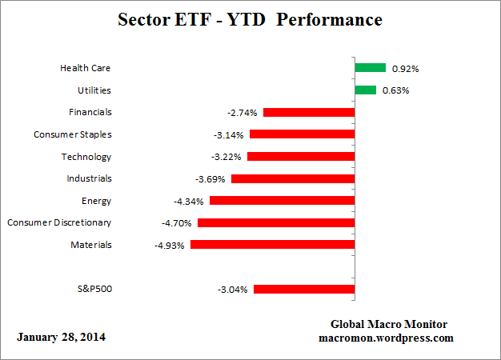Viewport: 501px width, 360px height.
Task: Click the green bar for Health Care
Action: (x=371, y=68)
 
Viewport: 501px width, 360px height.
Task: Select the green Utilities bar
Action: (x=365, y=90)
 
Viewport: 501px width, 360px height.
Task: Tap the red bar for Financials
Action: (x=309, y=113)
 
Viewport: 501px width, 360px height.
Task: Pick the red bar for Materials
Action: (x=272, y=245)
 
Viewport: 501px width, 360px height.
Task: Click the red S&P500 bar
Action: (x=304, y=289)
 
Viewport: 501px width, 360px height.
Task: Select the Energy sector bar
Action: (x=282, y=201)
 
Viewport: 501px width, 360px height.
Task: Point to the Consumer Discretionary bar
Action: (x=276, y=222)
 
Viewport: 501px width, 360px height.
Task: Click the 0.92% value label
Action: (x=406, y=69)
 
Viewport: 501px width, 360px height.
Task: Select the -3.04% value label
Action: (x=234, y=290)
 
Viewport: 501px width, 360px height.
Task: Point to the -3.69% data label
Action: (x=211, y=179)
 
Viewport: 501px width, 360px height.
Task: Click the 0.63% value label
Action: (x=396, y=90)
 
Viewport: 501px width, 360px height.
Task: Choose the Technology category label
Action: (x=86, y=157)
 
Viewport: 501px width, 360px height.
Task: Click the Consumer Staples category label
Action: (x=72, y=134)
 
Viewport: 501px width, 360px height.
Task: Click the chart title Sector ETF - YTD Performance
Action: (x=250, y=18)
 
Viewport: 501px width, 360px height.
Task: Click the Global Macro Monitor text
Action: (x=389, y=324)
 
